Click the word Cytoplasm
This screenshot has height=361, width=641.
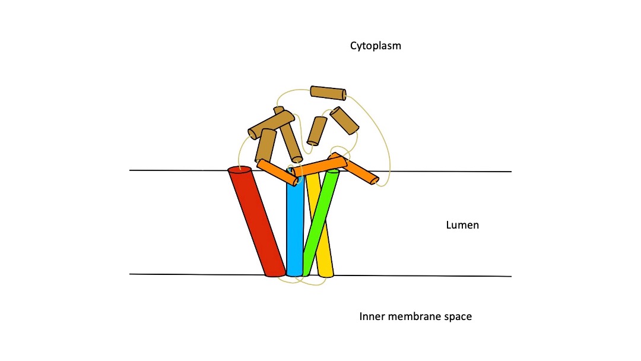(375, 45)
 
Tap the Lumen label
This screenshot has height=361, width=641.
(462, 225)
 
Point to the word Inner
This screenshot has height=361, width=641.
(372, 316)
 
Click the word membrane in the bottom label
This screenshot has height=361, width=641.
(415, 316)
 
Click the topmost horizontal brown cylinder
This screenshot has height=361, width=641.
(328, 93)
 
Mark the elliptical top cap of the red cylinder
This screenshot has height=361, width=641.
(240, 170)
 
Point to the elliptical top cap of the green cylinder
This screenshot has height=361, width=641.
(333, 172)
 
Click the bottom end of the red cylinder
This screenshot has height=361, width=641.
(275, 274)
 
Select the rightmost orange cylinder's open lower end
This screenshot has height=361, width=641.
(373, 180)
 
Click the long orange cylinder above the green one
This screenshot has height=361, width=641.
(319, 166)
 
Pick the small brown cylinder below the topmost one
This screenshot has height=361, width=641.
(317, 130)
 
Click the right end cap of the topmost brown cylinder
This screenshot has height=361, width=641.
(344, 94)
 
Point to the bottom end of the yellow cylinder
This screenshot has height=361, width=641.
(326, 274)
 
